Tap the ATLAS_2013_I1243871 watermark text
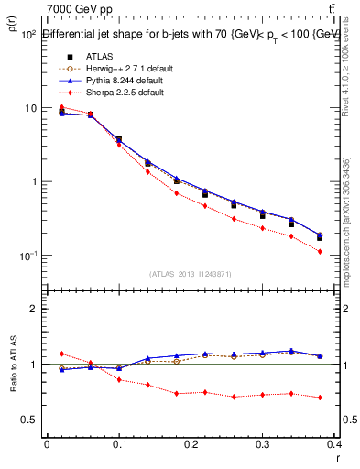click(x=190, y=274)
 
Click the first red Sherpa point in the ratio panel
click(x=61, y=354)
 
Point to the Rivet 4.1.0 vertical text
click(x=352, y=64)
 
